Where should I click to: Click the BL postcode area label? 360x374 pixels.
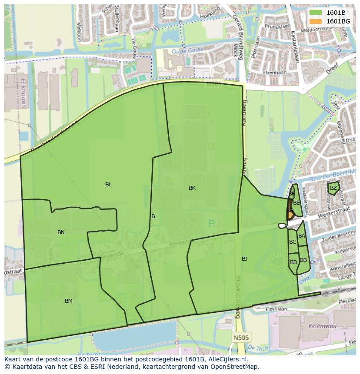pyautogui.click(x=108, y=185)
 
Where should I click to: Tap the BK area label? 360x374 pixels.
pyautogui.click(x=192, y=188)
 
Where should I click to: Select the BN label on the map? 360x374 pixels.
pyautogui.click(x=61, y=232)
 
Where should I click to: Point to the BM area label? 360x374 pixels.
pyautogui.click(x=69, y=301)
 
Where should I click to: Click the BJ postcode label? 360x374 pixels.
pyautogui.click(x=244, y=259)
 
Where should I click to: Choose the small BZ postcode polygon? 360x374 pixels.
pyautogui.click(x=333, y=188)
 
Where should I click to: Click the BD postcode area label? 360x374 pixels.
pyautogui.click(x=293, y=262)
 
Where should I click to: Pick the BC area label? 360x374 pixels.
pyautogui.click(x=293, y=242)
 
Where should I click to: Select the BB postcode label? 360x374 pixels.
pyautogui.click(x=303, y=260)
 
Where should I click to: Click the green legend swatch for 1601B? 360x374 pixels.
pyautogui.click(x=316, y=13)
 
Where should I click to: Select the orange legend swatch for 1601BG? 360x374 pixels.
pyautogui.click(x=316, y=21)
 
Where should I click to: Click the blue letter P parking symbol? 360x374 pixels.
pyautogui.click(x=211, y=224)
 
